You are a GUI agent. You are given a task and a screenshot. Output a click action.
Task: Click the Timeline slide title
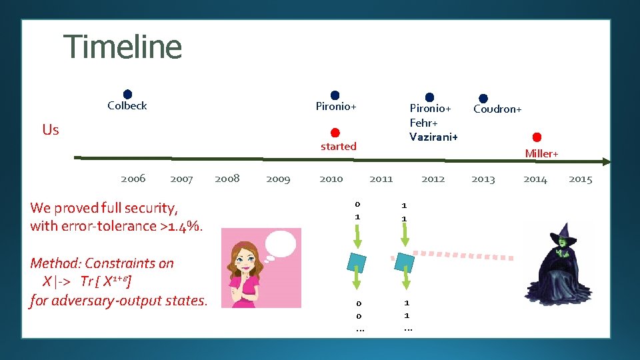(x=123, y=47)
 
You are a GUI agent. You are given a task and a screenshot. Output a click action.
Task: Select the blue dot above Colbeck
(x=127, y=95)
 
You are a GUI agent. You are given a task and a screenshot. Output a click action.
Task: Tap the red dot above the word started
(x=335, y=133)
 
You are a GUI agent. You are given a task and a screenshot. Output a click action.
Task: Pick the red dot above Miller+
(x=537, y=137)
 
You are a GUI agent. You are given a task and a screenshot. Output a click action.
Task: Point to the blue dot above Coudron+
(x=483, y=99)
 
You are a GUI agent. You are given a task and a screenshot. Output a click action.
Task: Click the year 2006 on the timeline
(x=133, y=178)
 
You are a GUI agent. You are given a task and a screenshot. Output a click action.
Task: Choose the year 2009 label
(x=278, y=179)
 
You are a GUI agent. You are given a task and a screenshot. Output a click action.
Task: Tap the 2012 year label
(x=433, y=179)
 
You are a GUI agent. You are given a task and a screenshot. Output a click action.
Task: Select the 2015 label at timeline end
(x=580, y=179)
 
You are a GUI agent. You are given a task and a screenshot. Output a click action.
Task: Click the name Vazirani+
(x=433, y=136)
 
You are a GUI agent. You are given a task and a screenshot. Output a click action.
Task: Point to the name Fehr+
(x=424, y=123)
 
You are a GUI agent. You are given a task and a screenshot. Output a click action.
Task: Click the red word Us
(x=51, y=129)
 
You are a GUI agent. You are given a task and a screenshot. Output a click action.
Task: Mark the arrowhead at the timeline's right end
(x=605, y=161)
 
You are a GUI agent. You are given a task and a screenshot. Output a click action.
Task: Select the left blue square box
(x=358, y=261)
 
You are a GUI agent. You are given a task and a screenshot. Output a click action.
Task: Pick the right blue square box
(x=405, y=261)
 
